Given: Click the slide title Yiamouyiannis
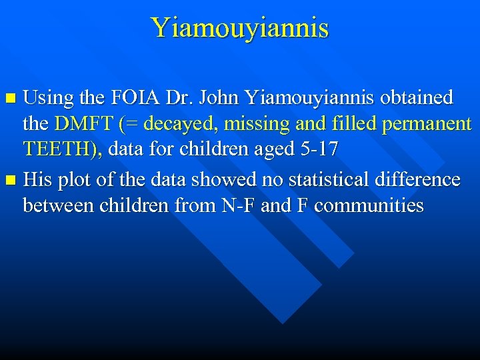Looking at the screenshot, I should [240, 28].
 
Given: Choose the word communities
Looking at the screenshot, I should [369, 205].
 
